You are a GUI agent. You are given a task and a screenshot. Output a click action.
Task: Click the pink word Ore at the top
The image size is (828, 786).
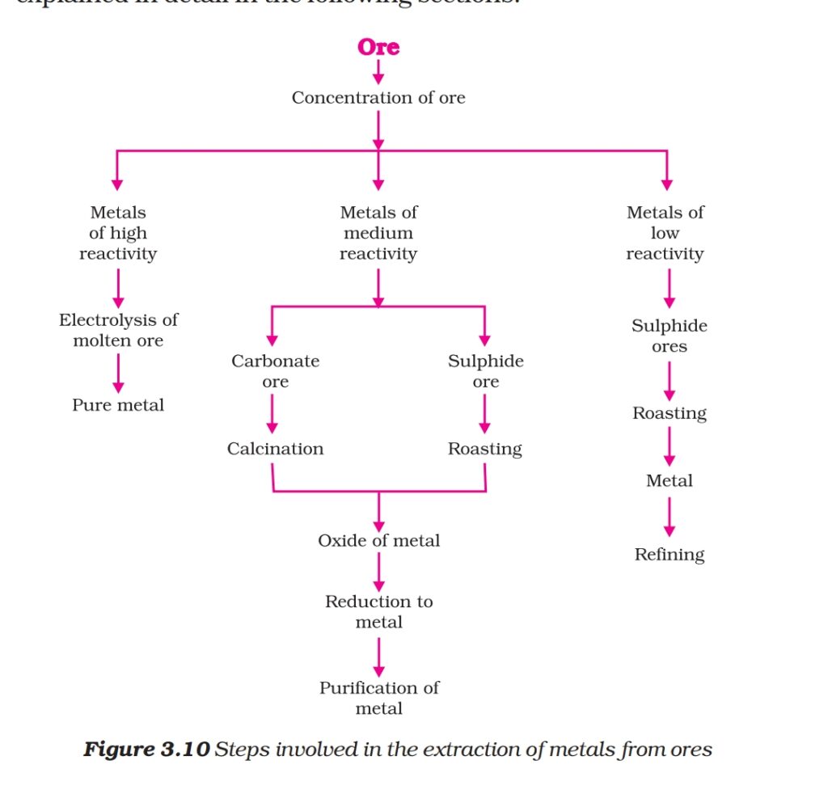(x=378, y=47)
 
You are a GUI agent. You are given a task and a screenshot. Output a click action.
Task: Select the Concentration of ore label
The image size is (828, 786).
(x=378, y=98)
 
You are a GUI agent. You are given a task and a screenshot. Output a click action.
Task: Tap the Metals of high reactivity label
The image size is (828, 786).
(x=118, y=233)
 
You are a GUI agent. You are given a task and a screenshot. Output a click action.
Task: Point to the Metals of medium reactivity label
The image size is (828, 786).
(x=378, y=233)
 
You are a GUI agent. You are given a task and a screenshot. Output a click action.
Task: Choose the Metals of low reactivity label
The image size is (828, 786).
(x=665, y=233)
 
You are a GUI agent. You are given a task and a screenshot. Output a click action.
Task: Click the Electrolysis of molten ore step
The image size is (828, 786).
(x=118, y=330)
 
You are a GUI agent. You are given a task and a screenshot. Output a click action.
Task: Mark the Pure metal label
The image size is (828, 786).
(x=118, y=405)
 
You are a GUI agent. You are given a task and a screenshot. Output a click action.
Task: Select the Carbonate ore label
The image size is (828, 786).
(x=275, y=371)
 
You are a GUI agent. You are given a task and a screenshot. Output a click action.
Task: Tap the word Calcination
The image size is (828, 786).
(x=275, y=449)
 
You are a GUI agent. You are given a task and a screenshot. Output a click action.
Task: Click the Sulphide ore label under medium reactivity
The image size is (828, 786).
(x=485, y=371)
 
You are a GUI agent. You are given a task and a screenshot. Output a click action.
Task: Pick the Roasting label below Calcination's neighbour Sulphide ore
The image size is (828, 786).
(x=485, y=449)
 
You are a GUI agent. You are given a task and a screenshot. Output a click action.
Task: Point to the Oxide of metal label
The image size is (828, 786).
(x=378, y=540)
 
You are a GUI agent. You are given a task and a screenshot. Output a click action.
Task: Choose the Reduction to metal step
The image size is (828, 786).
(x=378, y=611)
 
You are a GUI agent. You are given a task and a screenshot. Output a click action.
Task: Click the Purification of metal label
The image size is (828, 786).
(x=378, y=698)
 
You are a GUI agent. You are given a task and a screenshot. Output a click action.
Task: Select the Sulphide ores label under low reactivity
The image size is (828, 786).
(x=670, y=336)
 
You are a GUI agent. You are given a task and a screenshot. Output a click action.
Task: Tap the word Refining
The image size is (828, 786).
(x=670, y=555)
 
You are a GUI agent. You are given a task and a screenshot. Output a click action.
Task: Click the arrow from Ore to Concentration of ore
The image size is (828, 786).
(x=378, y=72)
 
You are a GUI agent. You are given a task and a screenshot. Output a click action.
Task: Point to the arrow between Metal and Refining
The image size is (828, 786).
(x=670, y=518)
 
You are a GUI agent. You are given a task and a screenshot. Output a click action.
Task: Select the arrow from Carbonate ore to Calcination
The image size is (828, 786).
(x=272, y=414)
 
